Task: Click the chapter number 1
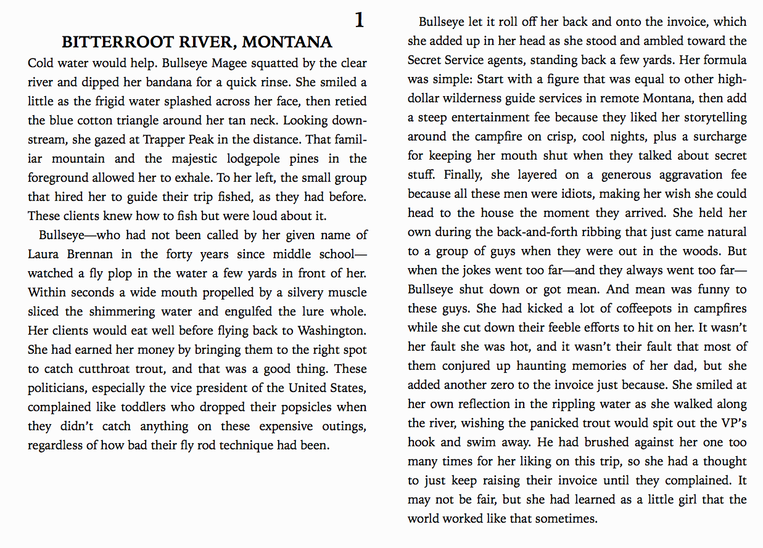(360, 20)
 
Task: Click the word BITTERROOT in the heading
(108, 43)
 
